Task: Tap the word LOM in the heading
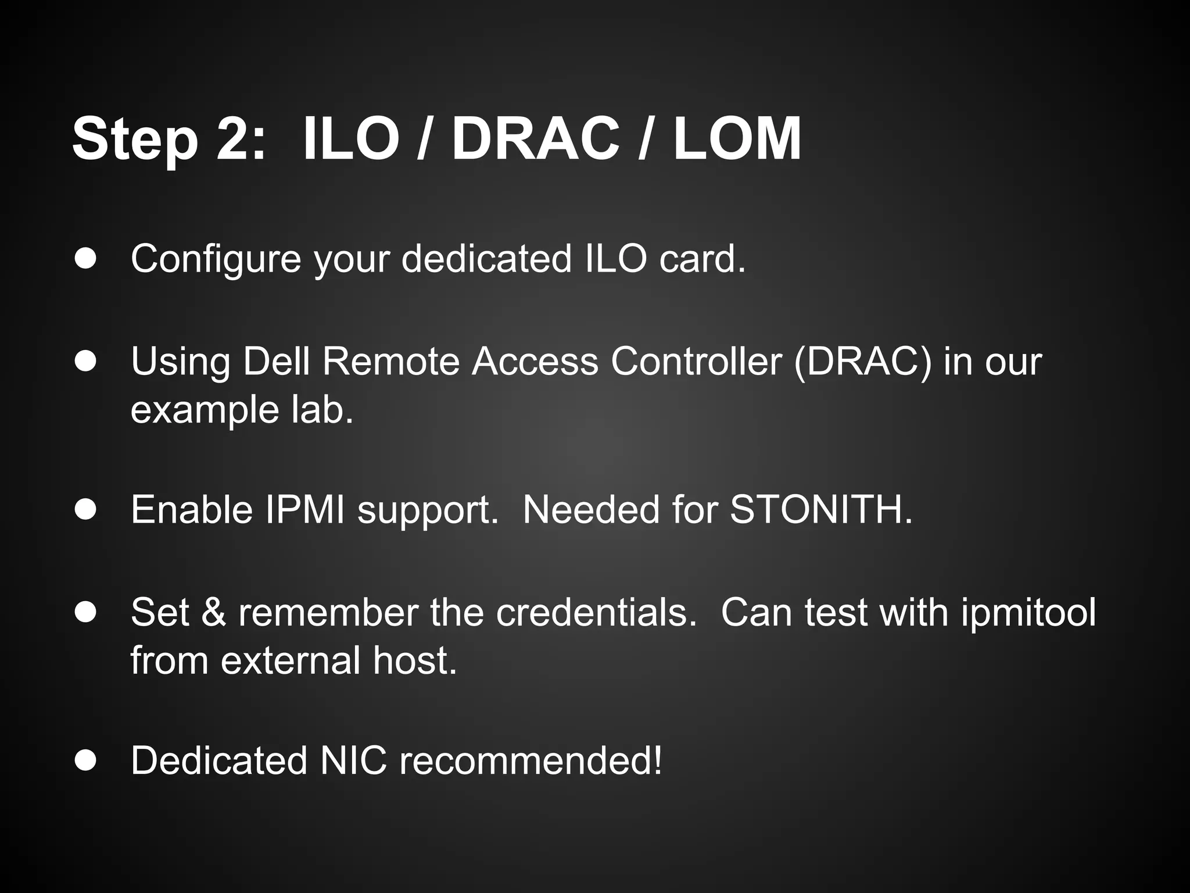[737, 140]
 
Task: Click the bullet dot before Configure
[85, 259]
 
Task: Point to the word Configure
[216, 259]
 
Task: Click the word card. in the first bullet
[702, 259]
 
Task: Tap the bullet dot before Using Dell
[85, 361]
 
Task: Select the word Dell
[276, 361]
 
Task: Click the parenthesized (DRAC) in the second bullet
[862, 361]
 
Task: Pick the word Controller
[696, 361]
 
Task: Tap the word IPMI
[305, 510]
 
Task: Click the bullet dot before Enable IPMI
[85, 510]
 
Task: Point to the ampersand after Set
[214, 613]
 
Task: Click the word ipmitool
[1028, 613]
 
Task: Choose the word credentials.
[596, 613]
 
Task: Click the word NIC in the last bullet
[353, 760]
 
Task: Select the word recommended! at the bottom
[531, 760]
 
